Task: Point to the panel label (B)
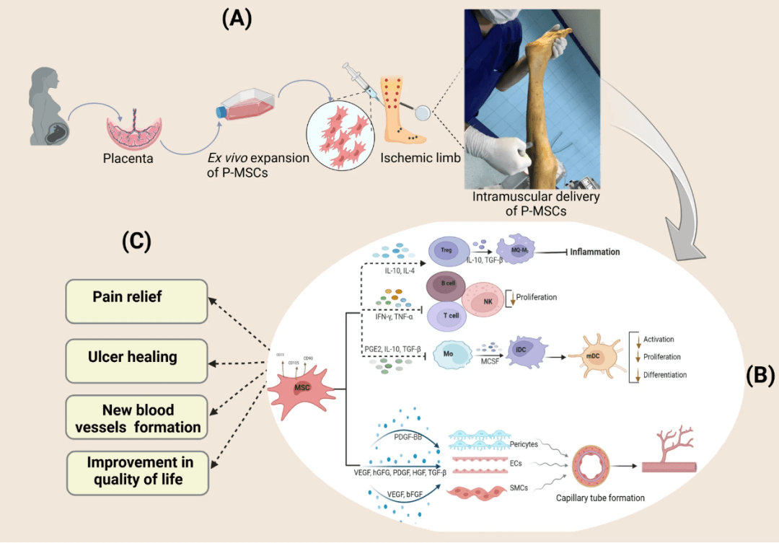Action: (x=759, y=375)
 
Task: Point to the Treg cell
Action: (x=445, y=251)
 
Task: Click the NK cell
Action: (x=486, y=304)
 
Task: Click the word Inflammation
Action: (x=595, y=252)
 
